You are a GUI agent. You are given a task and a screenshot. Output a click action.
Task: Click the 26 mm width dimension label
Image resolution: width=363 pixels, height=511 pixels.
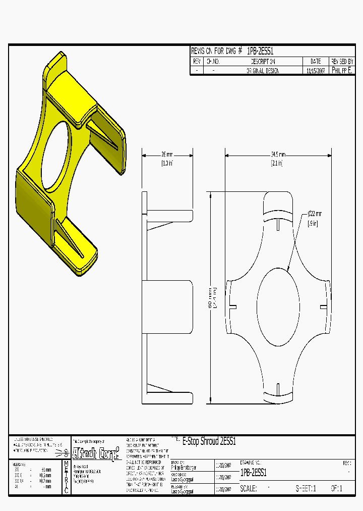click(x=167, y=155)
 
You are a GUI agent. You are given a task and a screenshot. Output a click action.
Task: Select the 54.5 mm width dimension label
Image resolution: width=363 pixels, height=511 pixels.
click(x=278, y=155)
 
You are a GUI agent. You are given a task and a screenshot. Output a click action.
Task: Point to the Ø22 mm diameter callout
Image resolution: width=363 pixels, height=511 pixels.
click(x=314, y=214)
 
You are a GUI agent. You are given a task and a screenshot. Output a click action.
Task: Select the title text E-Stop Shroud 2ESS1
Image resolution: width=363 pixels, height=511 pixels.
click(x=209, y=441)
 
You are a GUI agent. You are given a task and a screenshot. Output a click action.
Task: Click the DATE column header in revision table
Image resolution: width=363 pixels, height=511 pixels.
click(x=316, y=61)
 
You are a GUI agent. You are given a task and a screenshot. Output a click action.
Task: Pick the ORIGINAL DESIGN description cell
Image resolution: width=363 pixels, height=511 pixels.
click(x=262, y=71)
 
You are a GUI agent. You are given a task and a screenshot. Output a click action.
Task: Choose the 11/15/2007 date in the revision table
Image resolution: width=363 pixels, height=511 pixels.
click(x=316, y=71)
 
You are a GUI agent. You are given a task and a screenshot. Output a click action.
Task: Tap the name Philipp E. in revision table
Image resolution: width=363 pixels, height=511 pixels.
click(x=342, y=71)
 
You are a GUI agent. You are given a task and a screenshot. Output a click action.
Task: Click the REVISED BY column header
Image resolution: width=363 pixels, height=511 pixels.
click(x=342, y=61)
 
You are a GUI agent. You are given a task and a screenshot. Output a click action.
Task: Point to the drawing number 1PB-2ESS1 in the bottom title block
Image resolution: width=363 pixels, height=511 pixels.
click(x=254, y=473)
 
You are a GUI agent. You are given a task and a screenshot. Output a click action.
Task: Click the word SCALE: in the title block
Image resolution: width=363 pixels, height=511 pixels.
click(x=249, y=489)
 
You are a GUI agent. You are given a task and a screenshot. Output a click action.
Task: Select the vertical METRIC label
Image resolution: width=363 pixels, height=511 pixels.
click(x=66, y=477)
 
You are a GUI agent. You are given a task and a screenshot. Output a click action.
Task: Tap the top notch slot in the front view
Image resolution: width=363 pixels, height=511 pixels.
click(x=278, y=224)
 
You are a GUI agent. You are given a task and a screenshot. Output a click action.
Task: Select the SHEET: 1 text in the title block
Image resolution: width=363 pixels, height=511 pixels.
click(x=306, y=489)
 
